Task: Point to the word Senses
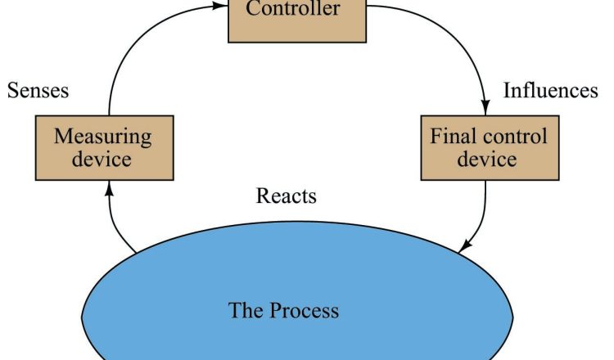38,90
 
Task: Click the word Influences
550,90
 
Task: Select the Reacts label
286,196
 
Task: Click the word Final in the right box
452,136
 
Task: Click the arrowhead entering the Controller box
220,7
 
